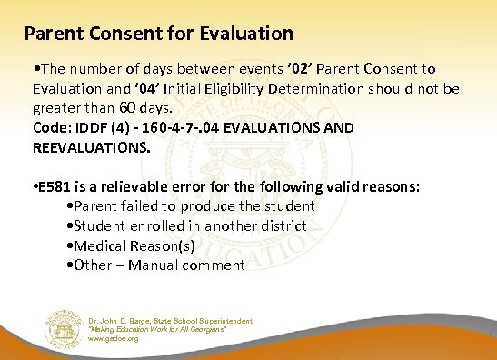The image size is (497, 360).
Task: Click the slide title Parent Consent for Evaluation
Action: click(159, 35)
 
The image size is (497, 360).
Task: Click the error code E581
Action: click(56, 188)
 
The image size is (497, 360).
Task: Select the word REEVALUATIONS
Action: click(91, 145)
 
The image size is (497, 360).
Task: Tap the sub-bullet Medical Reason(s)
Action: click(136, 245)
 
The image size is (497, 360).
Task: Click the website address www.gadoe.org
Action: click(114, 338)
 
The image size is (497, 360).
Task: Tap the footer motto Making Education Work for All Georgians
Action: click(164, 329)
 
